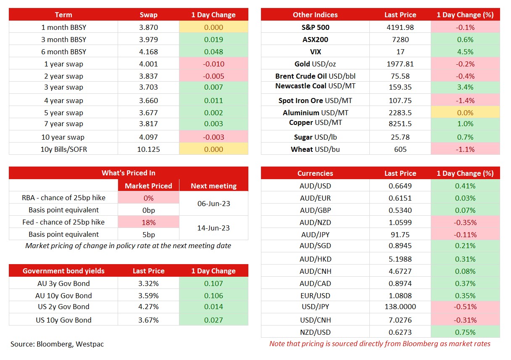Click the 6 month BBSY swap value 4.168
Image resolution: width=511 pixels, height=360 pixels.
(x=148, y=52)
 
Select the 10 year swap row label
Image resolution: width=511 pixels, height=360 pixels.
(x=63, y=137)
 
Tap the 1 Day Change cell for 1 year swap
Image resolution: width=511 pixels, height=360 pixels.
(x=213, y=64)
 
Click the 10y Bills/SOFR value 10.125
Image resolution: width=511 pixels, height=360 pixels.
(x=148, y=149)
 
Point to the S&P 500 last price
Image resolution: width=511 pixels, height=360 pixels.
(x=400, y=27)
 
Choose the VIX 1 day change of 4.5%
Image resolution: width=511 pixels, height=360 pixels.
(x=465, y=52)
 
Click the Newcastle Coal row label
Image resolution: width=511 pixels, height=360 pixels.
(x=315, y=86)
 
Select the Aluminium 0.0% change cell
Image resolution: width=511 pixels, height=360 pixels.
(x=465, y=113)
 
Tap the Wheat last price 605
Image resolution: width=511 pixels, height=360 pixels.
(x=400, y=149)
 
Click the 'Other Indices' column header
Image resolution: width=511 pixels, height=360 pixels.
(x=315, y=15)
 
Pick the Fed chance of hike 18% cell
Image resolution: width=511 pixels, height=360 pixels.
(x=148, y=222)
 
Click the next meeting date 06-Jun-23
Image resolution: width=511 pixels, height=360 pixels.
(x=213, y=204)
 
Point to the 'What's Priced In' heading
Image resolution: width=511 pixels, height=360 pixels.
(x=128, y=173)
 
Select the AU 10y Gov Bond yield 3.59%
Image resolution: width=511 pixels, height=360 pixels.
(x=148, y=296)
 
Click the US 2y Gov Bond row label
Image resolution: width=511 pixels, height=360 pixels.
(x=63, y=307)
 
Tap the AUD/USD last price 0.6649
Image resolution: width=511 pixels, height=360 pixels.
(x=400, y=186)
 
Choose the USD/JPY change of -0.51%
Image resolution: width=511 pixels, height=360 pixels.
(x=465, y=307)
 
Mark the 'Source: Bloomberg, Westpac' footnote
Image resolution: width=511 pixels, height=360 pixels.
(x=57, y=344)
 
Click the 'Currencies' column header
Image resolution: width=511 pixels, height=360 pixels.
(x=315, y=173)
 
